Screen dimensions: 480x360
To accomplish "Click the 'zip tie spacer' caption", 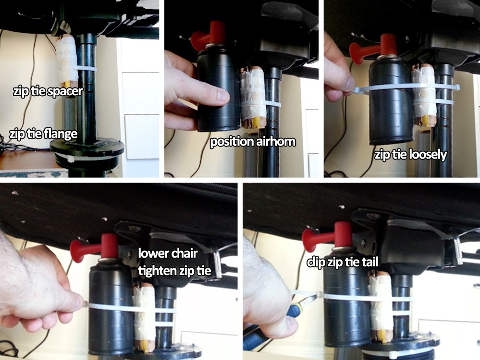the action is pos(48,91).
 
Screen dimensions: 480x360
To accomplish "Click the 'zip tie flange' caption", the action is pos(43,134).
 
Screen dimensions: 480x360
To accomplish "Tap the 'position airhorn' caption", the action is pos(253,142).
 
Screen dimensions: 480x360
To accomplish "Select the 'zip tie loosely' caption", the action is pos(411,155).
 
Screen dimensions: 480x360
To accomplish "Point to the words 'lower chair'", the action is pos(168,253).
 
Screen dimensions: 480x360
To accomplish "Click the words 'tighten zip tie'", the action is pos(174,271).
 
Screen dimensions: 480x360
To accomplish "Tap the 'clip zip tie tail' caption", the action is pos(343,262).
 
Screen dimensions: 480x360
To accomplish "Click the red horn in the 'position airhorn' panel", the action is pos(210,35).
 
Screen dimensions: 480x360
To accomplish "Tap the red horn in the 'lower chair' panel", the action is pos(96,246).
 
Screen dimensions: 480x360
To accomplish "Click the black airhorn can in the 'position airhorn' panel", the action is pos(218,89).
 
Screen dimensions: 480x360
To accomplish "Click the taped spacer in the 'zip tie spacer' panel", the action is pos(68,62).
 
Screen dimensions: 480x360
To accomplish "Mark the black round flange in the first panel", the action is pos(87,149).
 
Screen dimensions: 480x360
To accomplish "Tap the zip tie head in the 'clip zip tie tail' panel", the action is pos(320,296).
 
